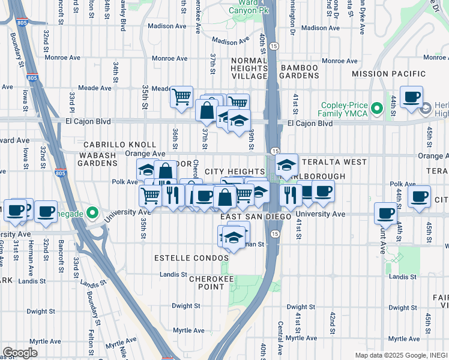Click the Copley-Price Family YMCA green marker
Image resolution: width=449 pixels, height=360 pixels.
click(377, 109)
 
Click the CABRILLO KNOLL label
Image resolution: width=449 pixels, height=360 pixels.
click(119, 145)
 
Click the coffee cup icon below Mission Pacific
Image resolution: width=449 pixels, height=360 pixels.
click(412, 97)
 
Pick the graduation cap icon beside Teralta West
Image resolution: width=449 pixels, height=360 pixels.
click(287, 164)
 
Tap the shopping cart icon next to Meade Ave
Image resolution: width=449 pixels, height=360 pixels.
click(181, 97)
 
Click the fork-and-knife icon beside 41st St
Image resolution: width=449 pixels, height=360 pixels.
click(291, 194)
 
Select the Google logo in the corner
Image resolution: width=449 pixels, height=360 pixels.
click(20, 352)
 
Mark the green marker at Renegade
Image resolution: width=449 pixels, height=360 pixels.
click(91, 212)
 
